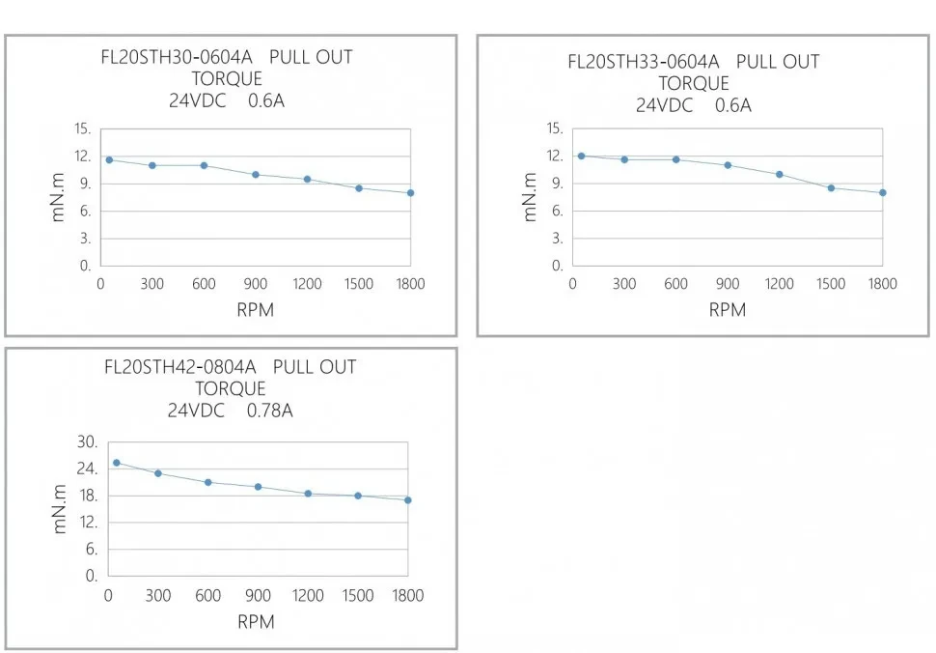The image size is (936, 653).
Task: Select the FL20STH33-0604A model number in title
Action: tap(643, 62)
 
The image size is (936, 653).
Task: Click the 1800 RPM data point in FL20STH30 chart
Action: tap(410, 193)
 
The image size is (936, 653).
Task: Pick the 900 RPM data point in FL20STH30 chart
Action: tap(256, 175)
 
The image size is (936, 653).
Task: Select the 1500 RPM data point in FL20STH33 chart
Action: tap(831, 187)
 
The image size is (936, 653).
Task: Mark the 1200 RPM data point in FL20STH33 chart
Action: tap(780, 175)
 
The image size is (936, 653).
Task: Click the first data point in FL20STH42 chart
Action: tap(117, 463)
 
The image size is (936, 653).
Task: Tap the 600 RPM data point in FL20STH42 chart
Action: tap(207, 482)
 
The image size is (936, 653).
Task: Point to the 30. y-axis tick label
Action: tap(89, 442)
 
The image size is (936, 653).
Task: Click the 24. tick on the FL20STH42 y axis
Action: tap(89, 468)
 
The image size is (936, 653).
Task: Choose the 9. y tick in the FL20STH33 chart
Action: tap(557, 184)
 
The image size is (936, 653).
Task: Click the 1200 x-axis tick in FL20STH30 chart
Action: tap(307, 284)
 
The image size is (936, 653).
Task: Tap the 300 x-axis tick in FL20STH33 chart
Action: tap(624, 284)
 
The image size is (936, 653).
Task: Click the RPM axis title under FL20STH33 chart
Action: tap(728, 310)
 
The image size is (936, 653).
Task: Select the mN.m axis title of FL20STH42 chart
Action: tap(61, 510)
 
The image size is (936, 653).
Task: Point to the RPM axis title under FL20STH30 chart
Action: tap(256, 310)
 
